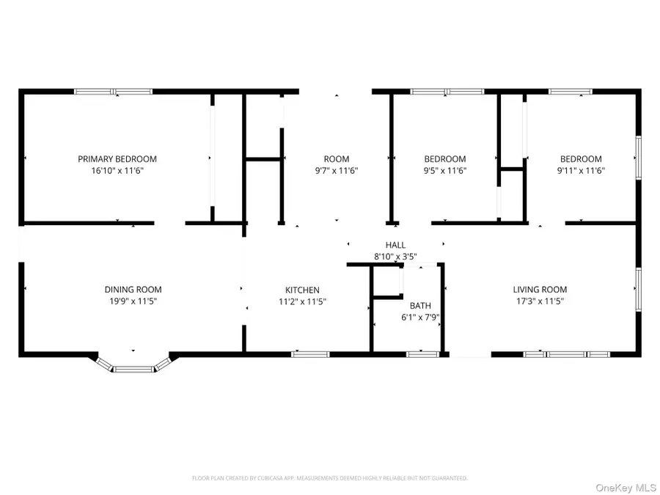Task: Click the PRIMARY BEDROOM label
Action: [117, 159]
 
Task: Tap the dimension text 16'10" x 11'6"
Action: [117, 170]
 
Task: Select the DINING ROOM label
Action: [133, 290]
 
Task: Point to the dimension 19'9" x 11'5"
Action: [133, 301]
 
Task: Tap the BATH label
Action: [420, 306]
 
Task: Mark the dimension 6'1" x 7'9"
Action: [420, 317]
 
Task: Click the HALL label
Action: [395, 245]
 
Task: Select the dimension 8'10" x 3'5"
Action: [395, 257]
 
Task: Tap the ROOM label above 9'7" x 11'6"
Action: [337, 159]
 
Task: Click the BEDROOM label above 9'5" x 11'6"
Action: [445, 159]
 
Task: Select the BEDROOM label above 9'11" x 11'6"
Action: [581, 159]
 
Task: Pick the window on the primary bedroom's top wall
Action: [114, 92]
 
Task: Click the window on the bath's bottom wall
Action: [423, 354]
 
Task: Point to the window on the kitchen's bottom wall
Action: [310, 354]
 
